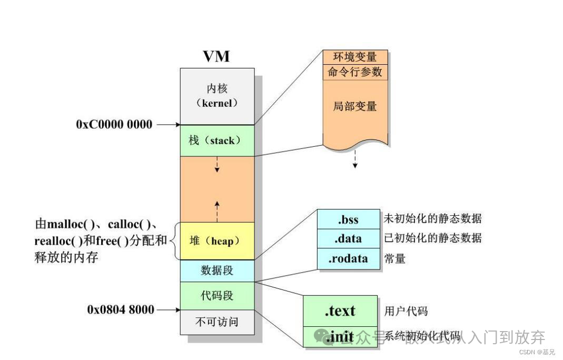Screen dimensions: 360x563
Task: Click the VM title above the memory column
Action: (216, 56)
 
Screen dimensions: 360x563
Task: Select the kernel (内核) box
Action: (217, 96)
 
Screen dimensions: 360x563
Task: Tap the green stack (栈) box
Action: (217, 141)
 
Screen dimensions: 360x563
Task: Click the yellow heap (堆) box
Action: (217, 241)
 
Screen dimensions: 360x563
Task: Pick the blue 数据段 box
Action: (217, 271)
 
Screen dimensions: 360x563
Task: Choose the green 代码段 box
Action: (217, 296)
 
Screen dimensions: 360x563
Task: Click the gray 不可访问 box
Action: (217, 322)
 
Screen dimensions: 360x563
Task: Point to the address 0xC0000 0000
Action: (114, 125)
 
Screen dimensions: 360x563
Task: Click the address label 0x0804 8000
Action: (121, 309)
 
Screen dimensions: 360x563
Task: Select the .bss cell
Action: (348, 219)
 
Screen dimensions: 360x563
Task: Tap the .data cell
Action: (348, 238)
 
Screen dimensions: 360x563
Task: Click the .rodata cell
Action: (348, 259)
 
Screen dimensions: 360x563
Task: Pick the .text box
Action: (340, 311)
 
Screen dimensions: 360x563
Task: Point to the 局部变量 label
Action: (355, 106)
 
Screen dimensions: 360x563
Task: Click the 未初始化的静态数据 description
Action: (432, 219)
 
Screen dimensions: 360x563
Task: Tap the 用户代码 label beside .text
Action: (406, 311)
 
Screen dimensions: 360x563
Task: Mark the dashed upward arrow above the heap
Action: (217, 209)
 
